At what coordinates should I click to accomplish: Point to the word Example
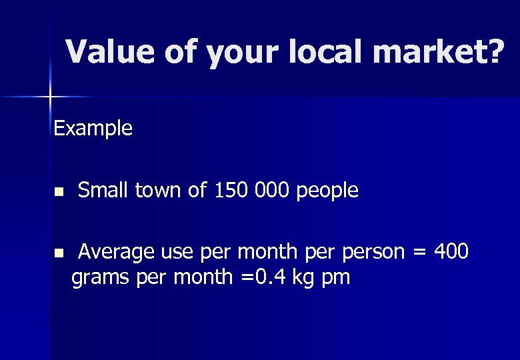pyautogui.click(x=93, y=128)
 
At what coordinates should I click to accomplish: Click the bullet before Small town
pyautogui.click(x=58, y=192)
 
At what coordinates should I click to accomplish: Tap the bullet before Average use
pyautogui.click(x=58, y=253)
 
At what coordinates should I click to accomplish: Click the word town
pyautogui.click(x=159, y=191)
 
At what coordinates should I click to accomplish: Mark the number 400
pyautogui.click(x=451, y=252)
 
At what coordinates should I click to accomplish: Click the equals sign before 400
pyautogui.click(x=420, y=253)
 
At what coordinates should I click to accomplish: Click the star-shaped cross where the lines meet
pyautogui.click(x=49, y=97)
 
